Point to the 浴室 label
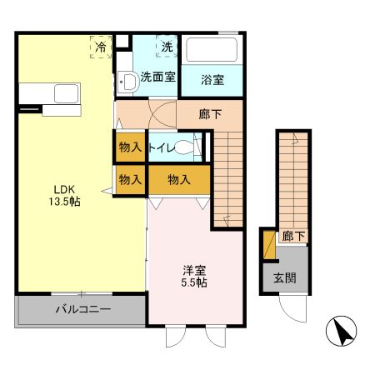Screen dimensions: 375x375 point(212,80)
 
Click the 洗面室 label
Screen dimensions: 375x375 point(157,77)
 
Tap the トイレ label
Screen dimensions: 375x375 point(162,147)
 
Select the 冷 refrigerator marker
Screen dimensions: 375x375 point(101,47)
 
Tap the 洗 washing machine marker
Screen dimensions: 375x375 point(167,47)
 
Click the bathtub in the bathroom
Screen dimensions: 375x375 point(212,52)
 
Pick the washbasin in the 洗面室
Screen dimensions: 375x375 point(127,82)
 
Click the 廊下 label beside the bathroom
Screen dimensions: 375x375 point(210,115)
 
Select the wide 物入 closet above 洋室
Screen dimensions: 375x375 point(179,178)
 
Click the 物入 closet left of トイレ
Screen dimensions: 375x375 point(130,147)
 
